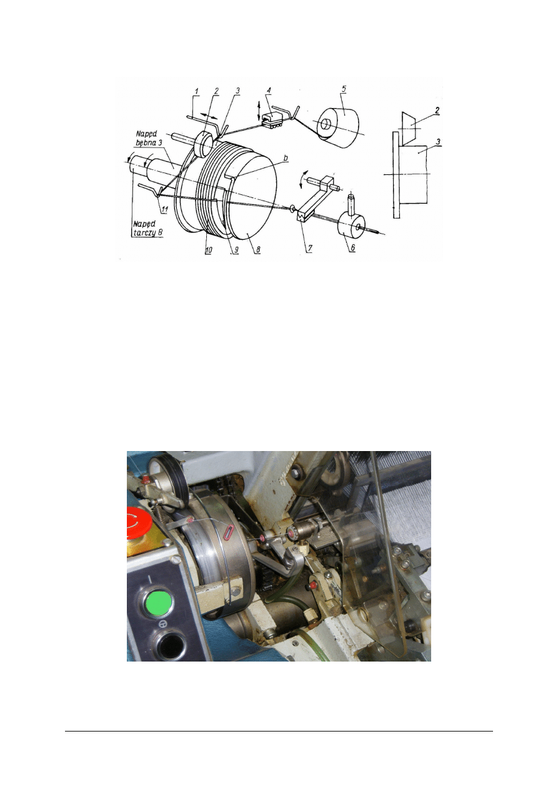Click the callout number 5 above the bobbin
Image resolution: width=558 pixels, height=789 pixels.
click(x=344, y=89)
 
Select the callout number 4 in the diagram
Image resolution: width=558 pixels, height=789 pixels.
click(x=269, y=90)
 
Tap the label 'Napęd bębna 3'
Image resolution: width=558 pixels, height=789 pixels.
click(x=149, y=138)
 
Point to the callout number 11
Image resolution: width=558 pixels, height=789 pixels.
click(x=164, y=209)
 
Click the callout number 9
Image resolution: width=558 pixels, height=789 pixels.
click(x=236, y=249)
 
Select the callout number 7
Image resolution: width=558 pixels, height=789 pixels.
click(x=310, y=249)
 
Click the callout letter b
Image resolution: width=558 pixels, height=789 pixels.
click(x=286, y=158)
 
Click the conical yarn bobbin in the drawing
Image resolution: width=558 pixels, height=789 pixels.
click(x=337, y=126)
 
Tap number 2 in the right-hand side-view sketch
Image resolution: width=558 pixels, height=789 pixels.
click(x=437, y=110)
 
